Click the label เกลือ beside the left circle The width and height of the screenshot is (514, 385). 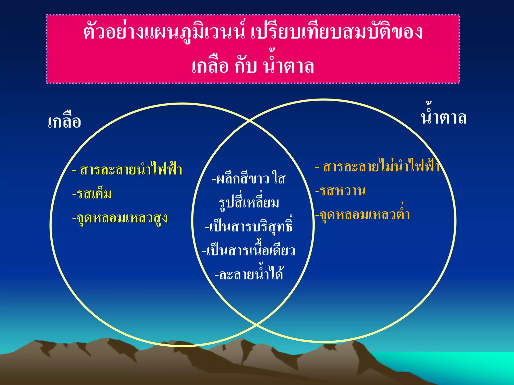click(65, 122)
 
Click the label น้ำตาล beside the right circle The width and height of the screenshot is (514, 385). click(443, 117)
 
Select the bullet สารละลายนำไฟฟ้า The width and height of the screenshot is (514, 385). click(127, 170)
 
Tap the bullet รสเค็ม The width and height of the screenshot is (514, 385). click(92, 194)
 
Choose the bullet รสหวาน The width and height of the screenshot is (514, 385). click(341, 191)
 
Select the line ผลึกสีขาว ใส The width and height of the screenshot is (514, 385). click(249, 179)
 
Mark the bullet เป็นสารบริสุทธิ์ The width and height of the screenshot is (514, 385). click(249, 226)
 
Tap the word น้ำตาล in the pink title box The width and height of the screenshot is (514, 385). click(288, 66)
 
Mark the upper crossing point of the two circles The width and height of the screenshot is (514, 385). click(250, 121)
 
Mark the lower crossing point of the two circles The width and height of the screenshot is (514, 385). click(256, 325)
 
